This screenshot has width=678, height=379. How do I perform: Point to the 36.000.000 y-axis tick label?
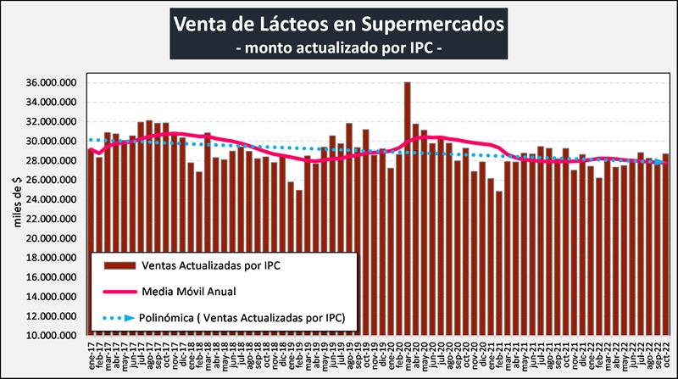coord(54,83)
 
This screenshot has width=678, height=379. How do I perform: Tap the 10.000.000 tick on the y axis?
coord(54,336)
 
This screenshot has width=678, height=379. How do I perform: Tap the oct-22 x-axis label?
coord(665,355)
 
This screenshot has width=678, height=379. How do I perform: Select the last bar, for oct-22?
coord(665,246)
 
